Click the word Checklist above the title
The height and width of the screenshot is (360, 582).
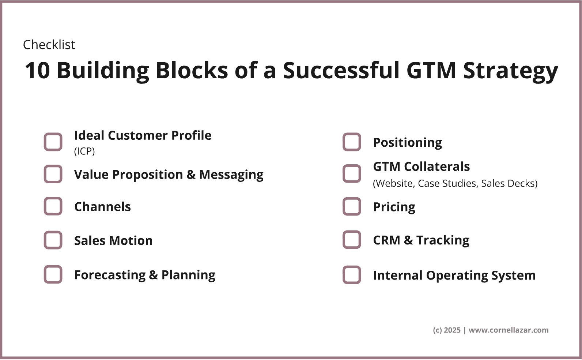pyautogui.click(x=49, y=44)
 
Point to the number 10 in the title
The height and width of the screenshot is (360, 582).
pyautogui.click(x=37, y=71)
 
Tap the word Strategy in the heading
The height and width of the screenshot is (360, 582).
pyautogui.click(x=511, y=71)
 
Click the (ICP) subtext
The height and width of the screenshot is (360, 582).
pyautogui.click(x=84, y=151)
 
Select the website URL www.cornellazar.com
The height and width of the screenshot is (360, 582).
pyautogui.click(x=509, y=330)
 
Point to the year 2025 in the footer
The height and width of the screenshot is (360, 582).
pyautogui.click(x=452, y=330)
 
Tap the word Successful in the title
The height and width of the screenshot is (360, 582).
pyautogui.click(x=341, y=71)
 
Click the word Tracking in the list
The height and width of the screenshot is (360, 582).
pyautogui.click(x=443, y=240)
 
